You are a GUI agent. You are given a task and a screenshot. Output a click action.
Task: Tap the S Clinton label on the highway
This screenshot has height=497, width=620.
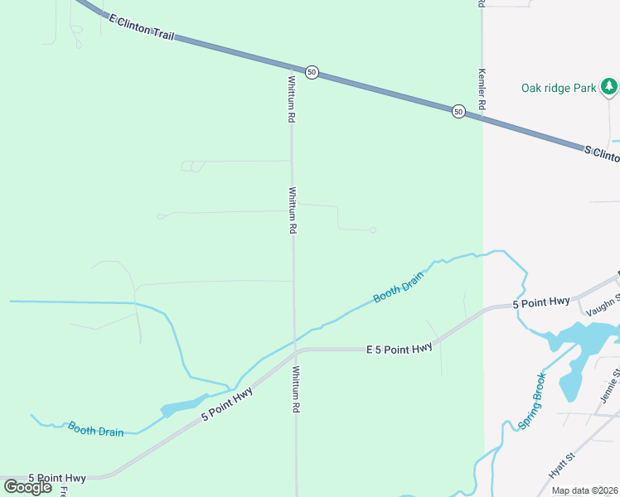pos(601,154)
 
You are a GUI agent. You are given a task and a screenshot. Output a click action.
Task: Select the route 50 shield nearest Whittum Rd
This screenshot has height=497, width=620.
pos(312,72)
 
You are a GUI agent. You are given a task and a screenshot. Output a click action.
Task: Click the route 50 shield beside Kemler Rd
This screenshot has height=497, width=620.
pos(458,111)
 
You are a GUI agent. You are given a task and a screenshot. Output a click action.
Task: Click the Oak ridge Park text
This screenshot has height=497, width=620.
pos(558,88)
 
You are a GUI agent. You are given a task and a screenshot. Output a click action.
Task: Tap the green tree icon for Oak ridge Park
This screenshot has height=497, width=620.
pos(609,85)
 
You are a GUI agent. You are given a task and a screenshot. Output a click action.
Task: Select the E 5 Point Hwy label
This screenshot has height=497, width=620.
pos(400,349)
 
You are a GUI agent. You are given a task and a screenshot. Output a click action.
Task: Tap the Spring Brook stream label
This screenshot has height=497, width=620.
pos(532,401)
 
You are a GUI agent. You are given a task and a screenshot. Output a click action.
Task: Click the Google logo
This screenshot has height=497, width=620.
pos(28,487)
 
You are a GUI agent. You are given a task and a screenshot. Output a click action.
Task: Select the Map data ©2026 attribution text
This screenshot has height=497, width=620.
pos(585,490)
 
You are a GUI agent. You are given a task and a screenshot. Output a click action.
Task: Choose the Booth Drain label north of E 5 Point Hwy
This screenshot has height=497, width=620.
pos(399,286)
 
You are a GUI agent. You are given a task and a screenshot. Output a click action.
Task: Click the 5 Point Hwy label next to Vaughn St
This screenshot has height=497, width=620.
pos(541,302)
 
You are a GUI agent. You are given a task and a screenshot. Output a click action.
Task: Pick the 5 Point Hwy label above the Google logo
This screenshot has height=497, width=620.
pos(57,478)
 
